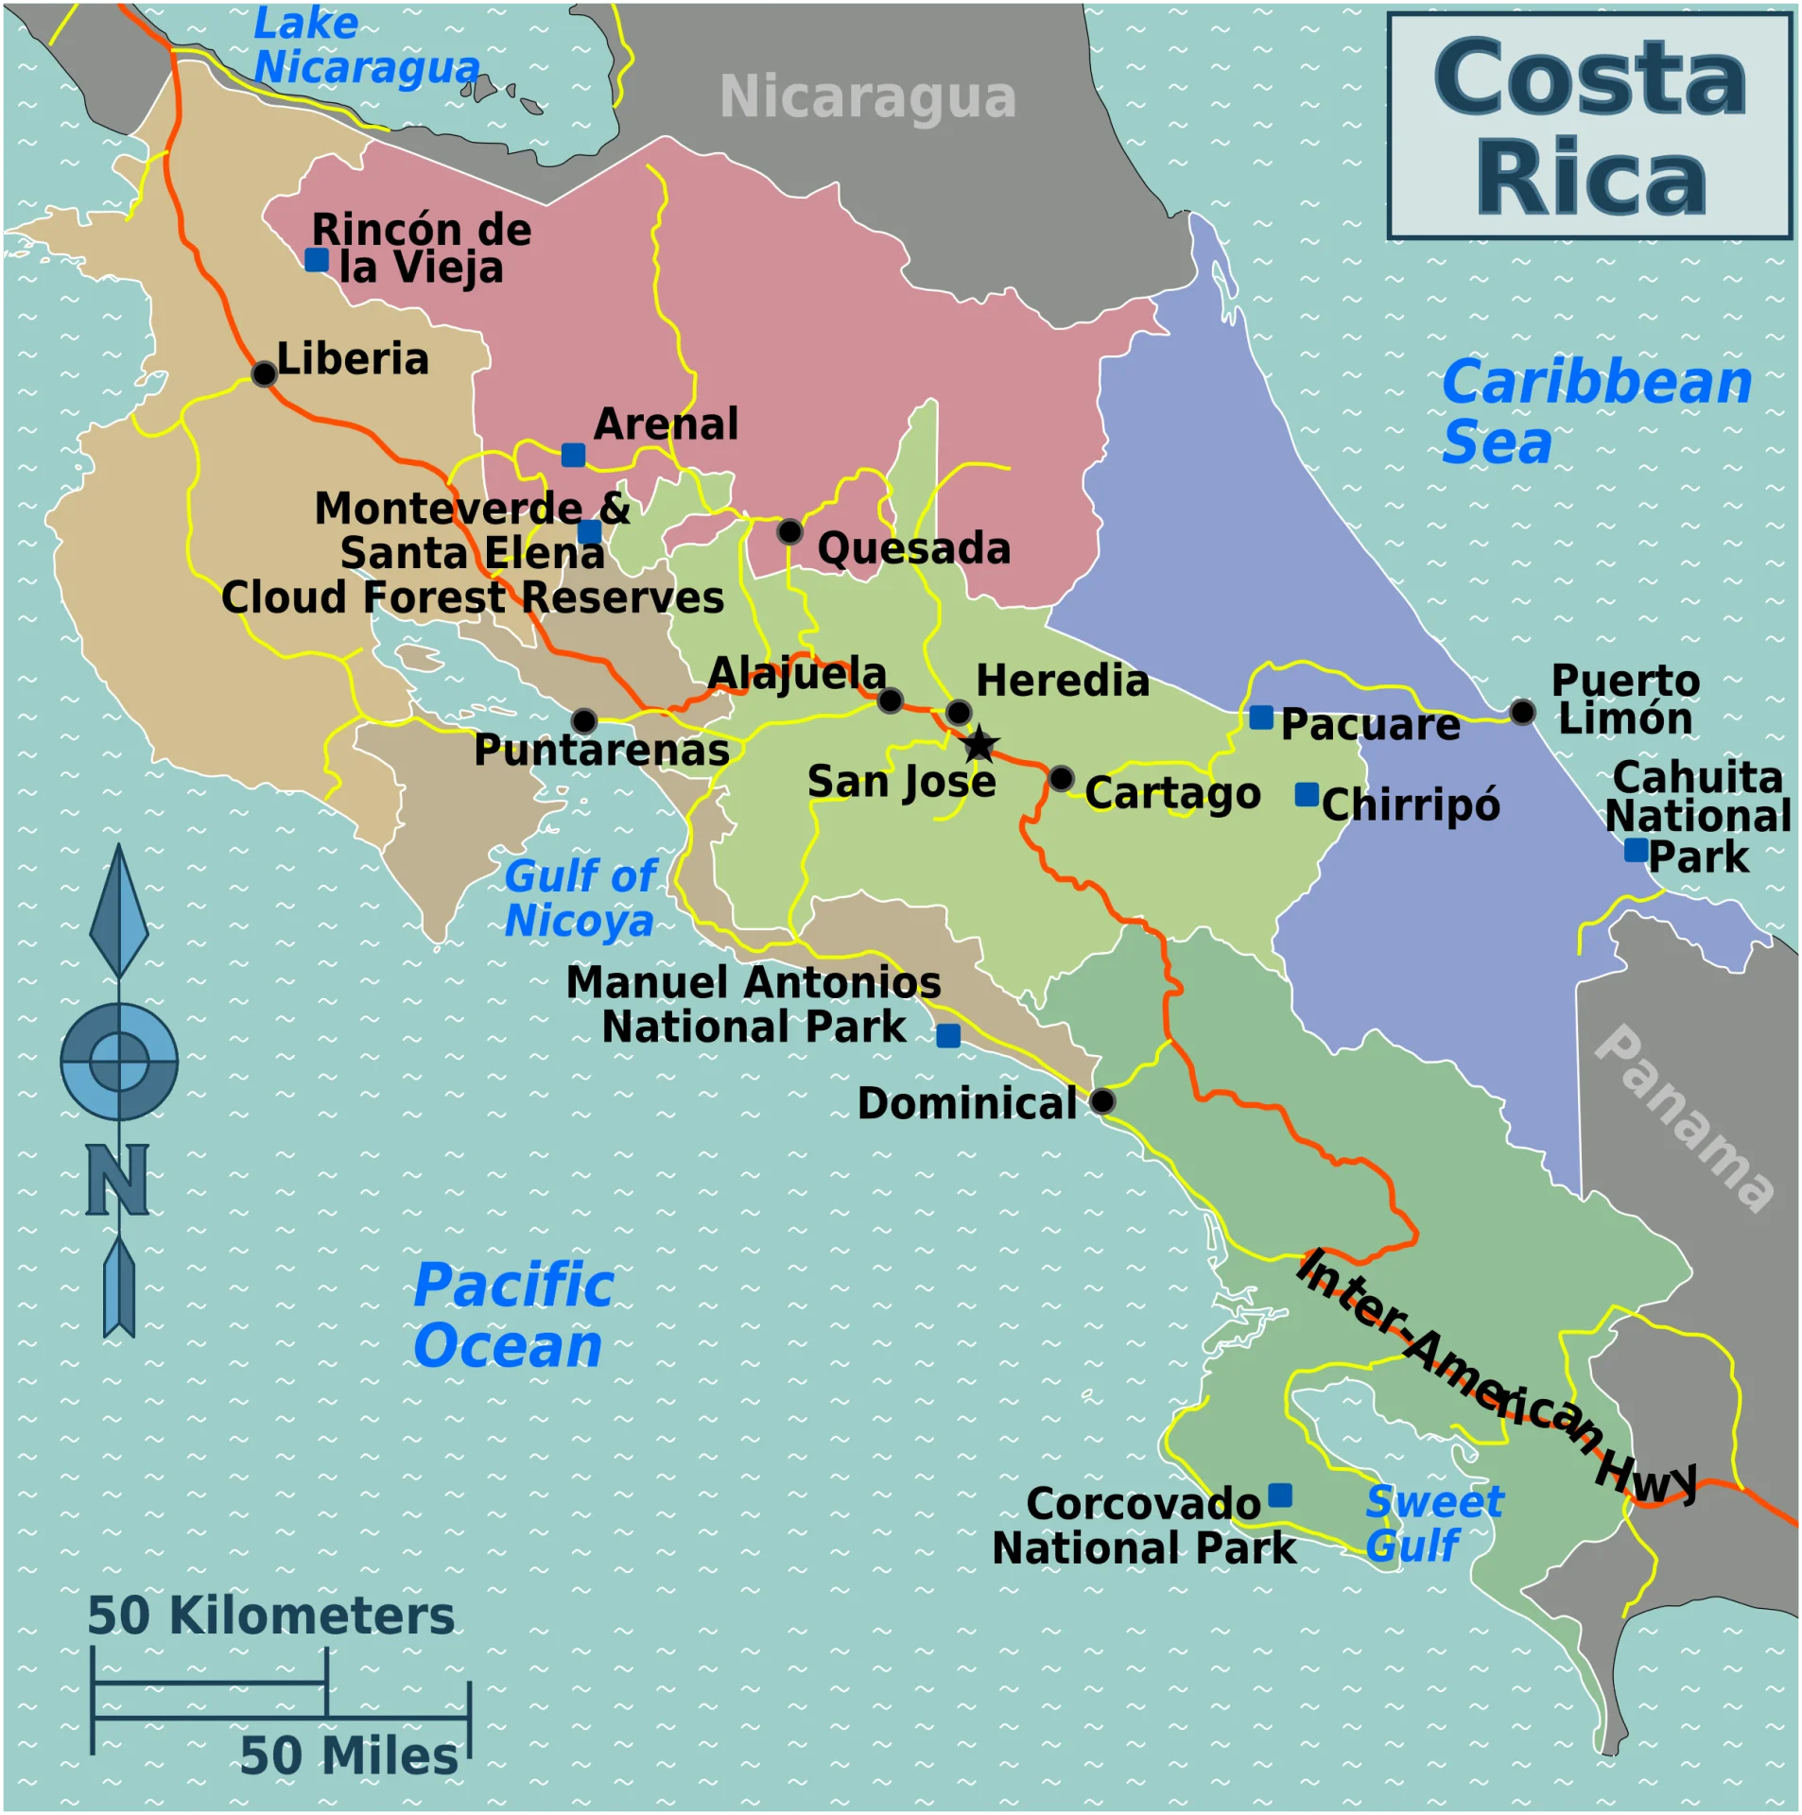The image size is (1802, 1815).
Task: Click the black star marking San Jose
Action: pyautogui.click(x=979, y=744)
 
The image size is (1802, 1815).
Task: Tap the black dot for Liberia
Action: pyautogui.click(x=264, y=373)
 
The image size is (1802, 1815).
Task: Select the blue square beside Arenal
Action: pyautogui.click(x=573, y=455)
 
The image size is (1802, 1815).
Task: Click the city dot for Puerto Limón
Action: pyautogui.click(x=1522, y=711)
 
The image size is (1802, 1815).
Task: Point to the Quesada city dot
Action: pyautogui.click(x=789, y=531)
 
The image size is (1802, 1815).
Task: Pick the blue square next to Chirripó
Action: pyautogui.click(x=1307, y=794)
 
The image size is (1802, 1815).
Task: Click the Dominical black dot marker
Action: pyautogui.click(x=1102, y=1101)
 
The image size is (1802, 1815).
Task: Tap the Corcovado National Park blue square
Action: pyautogui.click(x=1280, y=1495)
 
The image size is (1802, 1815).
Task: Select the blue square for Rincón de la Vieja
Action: pyautogui.click(x=317, y=259)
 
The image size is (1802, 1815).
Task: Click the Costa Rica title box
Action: pyautogui.click(x=1589, y=126)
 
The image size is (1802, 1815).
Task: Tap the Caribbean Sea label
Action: pyautogui.click(x=1596, y=411)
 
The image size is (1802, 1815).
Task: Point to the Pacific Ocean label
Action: pyautogui.click(x=513, y=1315)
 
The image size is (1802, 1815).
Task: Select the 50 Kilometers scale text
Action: pyautogui.click(x=271, y=1616)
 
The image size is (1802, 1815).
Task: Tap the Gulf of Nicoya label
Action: pyautogui.click(x=580, y=898)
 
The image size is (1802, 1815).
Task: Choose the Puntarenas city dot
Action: pyautogui.click(x=584, y=721)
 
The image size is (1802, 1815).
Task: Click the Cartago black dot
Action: pyautogui.click(x=1061, y=778)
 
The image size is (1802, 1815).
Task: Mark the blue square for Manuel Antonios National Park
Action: pyautogui.click(x=948, y=1036)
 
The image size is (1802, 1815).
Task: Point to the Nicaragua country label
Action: pyautogui.click(x=868, y=96)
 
